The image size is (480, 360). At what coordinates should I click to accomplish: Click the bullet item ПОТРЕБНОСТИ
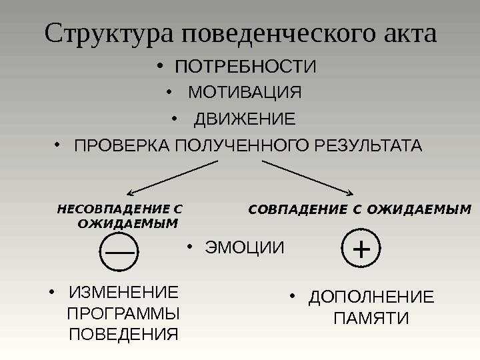pos(245,67)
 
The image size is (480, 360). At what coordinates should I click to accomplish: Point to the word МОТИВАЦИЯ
pos(245,91)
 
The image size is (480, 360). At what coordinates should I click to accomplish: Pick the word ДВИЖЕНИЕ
pos(243,120)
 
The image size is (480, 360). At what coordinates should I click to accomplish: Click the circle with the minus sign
pos(119,251)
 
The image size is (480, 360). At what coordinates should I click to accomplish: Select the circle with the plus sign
pos(361,249)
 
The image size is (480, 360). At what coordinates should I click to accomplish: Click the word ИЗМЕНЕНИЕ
pos(124,293)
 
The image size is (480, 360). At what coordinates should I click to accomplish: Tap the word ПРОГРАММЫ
pos(124,313)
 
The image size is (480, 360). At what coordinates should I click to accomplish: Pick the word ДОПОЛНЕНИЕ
pos(371,297)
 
